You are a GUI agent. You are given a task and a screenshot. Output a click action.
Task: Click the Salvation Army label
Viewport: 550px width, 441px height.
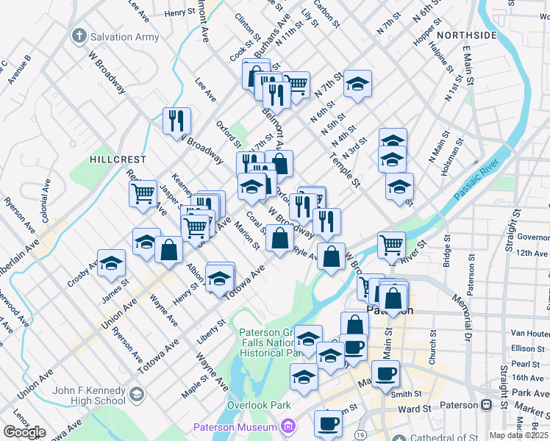[x=124, y=37]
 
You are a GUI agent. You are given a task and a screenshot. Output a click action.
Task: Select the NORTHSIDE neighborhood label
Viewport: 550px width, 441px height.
[x=466, y=35]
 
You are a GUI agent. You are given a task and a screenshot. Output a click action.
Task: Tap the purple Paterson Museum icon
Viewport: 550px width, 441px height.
[x=288, y=427]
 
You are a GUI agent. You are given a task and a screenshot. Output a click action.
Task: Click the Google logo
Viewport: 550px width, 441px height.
[x=24, y=432]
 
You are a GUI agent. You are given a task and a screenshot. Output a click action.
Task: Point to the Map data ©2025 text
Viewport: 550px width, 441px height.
[x=518, y=435]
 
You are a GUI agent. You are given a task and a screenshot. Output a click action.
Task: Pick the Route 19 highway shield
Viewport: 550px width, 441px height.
[x=360, y=435]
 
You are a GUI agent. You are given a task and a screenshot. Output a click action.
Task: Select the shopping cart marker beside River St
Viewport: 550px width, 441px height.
[x=391, y=245]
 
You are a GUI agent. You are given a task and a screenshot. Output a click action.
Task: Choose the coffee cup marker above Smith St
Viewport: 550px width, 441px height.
[x=385, y=373]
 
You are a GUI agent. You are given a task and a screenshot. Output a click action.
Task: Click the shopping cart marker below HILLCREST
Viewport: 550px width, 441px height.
[x=143, y=193]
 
